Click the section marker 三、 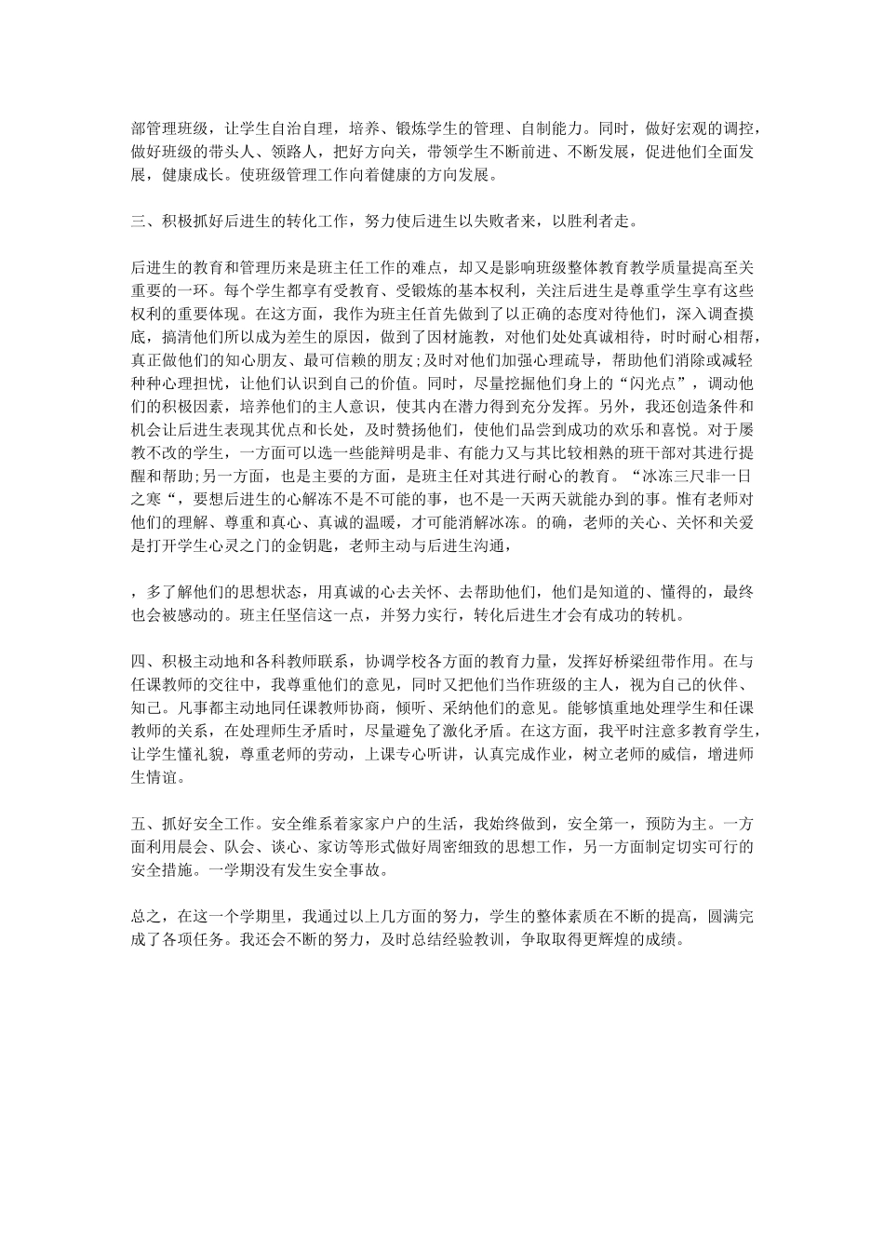(141, 222)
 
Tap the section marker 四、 (141, 662)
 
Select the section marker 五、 (141, 824)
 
